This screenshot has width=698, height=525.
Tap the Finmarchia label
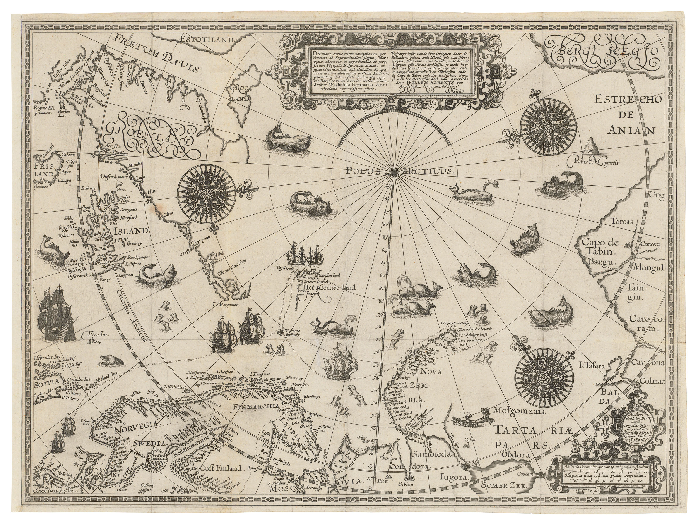click(256, 406)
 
